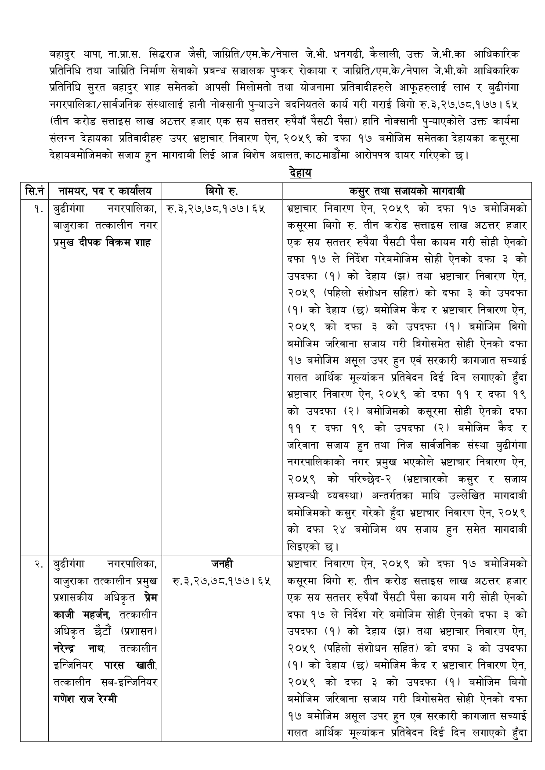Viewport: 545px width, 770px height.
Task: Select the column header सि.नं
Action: (x=34, y=191)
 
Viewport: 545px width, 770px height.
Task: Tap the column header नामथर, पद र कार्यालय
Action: (x=105, y=191)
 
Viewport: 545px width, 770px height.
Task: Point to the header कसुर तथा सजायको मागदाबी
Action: (x=407, y=191)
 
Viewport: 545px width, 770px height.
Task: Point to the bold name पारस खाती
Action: (x=130, y=666)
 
